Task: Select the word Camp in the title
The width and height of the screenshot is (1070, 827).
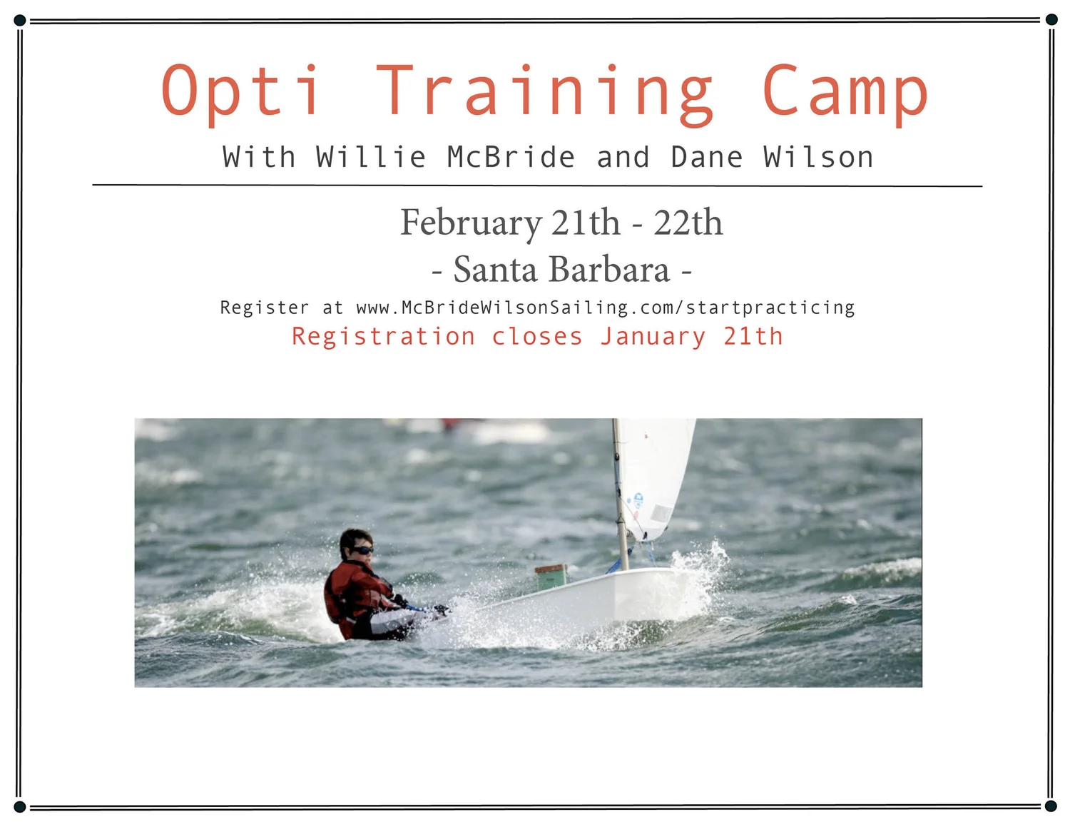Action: point(845,93)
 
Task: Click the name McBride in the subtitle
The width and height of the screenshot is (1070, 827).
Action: point(511,157)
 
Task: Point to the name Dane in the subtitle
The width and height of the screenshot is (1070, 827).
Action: point(707,157)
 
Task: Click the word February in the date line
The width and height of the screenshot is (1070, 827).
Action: point(471,223)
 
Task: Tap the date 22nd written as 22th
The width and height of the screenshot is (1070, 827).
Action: point(688,223)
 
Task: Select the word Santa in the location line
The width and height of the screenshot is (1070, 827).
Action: point(495,270)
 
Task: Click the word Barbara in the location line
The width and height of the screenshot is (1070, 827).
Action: point(609,270)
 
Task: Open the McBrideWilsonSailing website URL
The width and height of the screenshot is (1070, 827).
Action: point(605,308)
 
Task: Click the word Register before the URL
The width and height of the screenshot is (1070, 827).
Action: point(265,308)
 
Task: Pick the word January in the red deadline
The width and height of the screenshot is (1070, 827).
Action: point(653,337)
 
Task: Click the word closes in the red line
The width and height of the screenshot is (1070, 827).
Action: point(536,336)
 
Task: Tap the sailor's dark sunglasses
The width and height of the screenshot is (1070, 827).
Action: point(362,549)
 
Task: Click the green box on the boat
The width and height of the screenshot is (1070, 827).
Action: point(551,577)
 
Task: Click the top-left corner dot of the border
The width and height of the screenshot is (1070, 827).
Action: point(20,20)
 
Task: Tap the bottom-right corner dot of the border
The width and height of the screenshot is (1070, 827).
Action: point(1051,806)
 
